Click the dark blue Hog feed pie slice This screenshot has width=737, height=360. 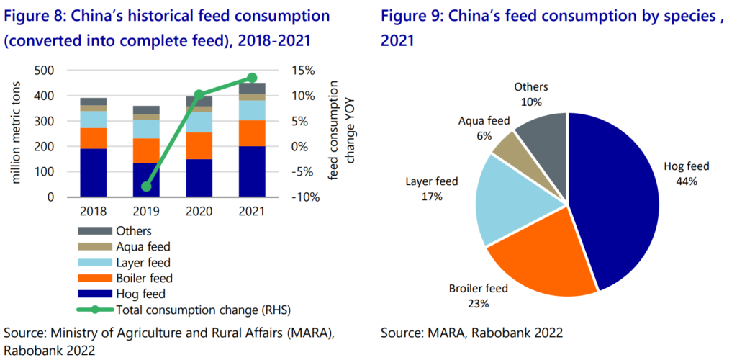[619, 202]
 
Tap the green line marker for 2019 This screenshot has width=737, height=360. [146, 186]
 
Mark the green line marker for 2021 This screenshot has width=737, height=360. [252, 78]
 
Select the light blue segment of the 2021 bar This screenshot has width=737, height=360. [252, 110]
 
